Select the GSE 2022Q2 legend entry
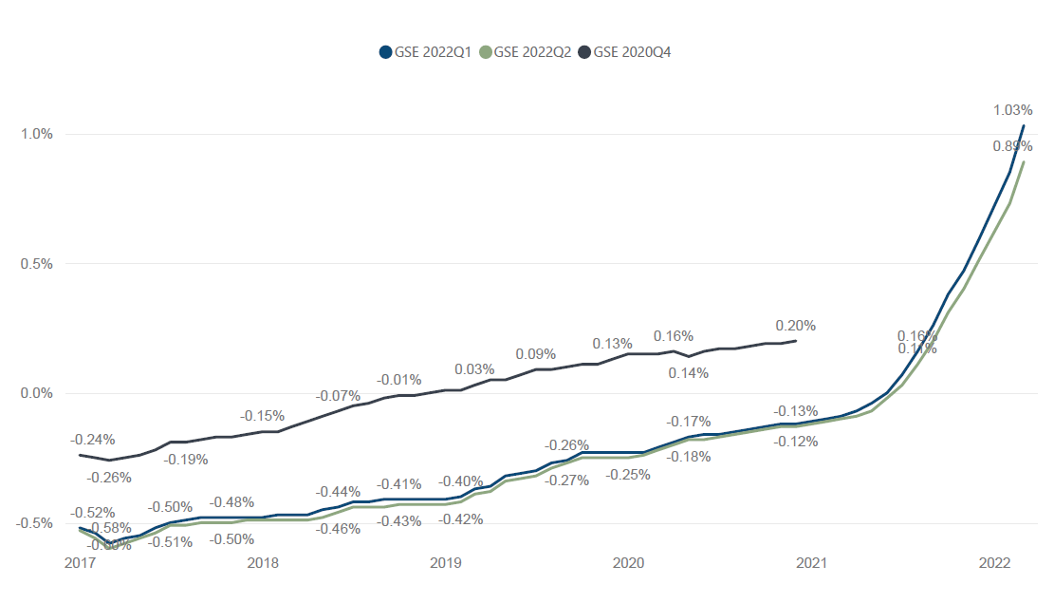(x=527, y=52)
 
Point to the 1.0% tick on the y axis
(x=38, y=134)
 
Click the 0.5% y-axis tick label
(x=38, y=264)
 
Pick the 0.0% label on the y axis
(x=38, y=393)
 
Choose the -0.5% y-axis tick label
(x=36, y=523)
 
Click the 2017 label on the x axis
(x=80, y=563)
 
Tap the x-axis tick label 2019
(x=446, y=563)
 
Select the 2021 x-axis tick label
(x=812, y=563)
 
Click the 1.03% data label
(x=1012, y=110)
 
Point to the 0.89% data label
(x=1012, y=146)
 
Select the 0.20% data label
(x=795, y=326)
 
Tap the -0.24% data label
(x=93, y=440)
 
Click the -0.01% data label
(x=398, y=380)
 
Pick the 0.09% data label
(x=535, y=354)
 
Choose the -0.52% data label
(x=93, y=513)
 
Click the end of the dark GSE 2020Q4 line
(x=795, y=340)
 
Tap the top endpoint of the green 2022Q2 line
(x=1024, y=161)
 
